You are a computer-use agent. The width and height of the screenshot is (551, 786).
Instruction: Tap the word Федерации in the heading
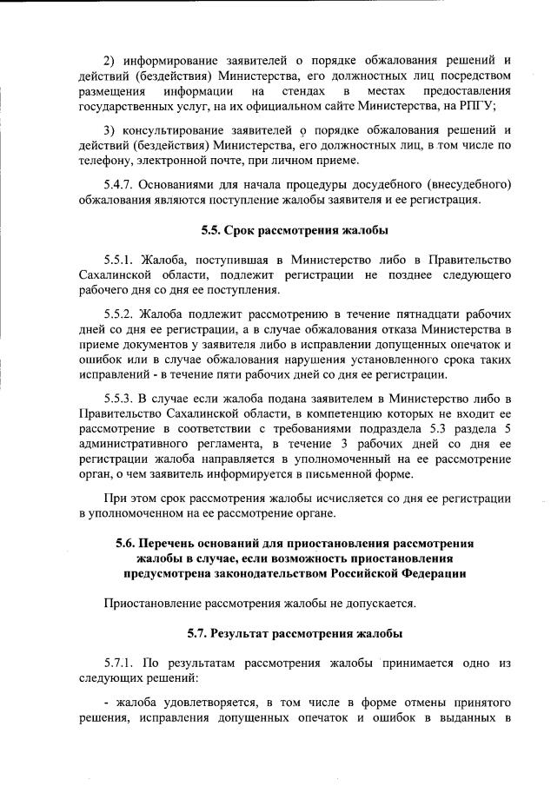[x=432, y=573]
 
